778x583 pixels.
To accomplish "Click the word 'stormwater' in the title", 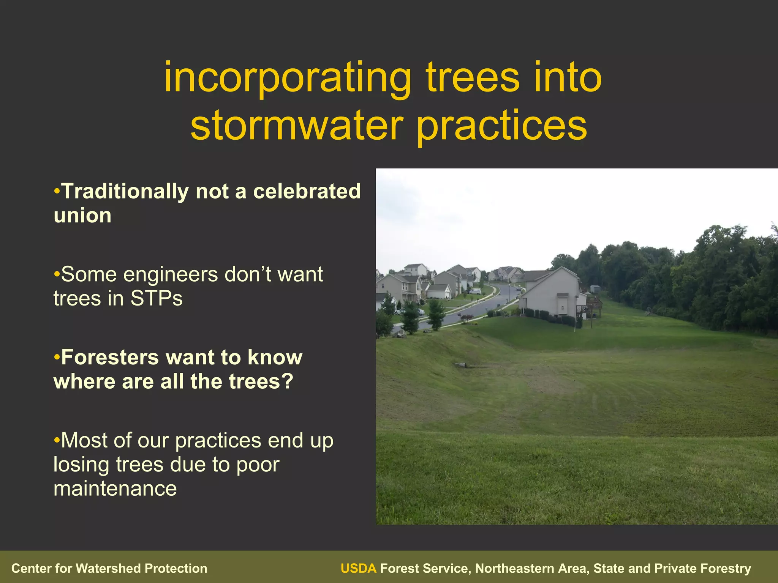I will pos(296,125).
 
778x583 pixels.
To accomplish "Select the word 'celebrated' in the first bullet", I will pos(307,191).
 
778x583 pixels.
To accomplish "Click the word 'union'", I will pos(82,216).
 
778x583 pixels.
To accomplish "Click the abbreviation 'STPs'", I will pos(157,298).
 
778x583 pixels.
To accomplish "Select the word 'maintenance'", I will pos(115,488).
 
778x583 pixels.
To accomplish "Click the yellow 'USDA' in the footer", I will pos(358,568).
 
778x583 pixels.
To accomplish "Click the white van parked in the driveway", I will pos(475,291).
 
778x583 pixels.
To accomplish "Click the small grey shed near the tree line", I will pos(595,289).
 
